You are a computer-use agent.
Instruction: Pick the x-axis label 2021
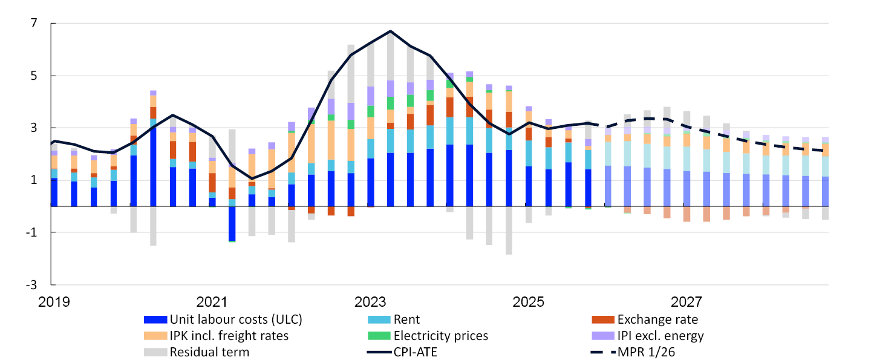212,301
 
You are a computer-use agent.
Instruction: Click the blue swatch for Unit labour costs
155,319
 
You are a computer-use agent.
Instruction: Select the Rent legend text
406,319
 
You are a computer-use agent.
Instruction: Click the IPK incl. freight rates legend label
229,335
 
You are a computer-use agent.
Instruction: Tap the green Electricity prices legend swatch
379,335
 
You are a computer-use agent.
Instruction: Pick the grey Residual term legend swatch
155,351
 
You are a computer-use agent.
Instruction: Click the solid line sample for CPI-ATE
379,351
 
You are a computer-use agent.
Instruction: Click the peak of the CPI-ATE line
391,31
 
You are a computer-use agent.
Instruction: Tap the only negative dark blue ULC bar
232,223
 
